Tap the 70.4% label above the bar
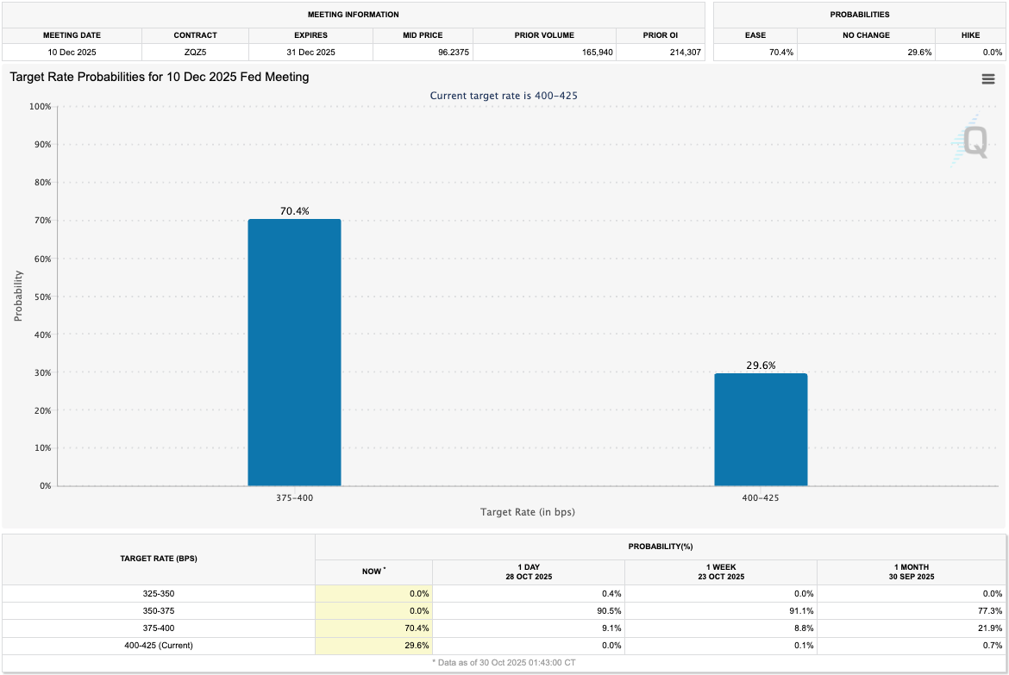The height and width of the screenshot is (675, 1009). (294, 210)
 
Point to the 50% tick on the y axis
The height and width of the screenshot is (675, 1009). (41, 297)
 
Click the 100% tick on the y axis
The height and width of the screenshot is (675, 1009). (39, 107)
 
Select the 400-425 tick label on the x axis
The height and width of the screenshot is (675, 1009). (761, 497)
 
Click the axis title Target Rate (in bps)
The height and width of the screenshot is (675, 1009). (527, 512)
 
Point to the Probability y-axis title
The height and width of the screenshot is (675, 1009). (18, 297)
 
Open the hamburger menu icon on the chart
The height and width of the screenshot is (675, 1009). (988, 79)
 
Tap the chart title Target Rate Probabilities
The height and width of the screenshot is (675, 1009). (160, 77)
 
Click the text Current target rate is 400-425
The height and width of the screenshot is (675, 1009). (504, 96)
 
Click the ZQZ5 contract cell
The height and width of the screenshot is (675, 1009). (195, 53)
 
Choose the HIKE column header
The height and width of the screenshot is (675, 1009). (969, 35)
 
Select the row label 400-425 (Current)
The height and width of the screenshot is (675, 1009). (159, 645)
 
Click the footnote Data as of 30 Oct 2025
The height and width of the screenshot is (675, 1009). (504, 661)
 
